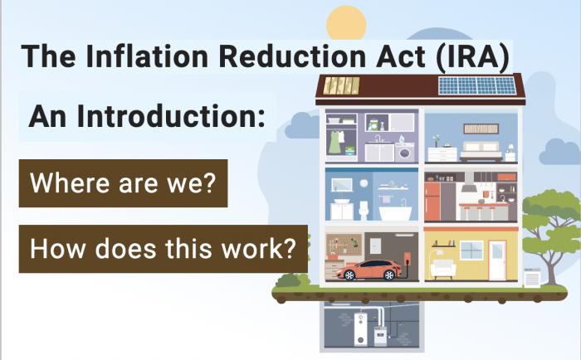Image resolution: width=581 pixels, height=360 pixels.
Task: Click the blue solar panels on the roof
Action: point(476,85)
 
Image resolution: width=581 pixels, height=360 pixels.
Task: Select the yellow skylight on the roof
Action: point(341,85)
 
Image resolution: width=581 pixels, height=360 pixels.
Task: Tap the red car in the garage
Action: point(369,270)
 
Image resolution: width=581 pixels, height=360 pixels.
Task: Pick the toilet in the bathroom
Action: point(363,208)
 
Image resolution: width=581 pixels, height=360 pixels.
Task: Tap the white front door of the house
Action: point(496,260)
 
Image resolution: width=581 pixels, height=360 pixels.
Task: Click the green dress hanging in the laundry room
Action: point(334,142)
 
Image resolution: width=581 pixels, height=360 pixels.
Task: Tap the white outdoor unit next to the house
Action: point(531,278)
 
